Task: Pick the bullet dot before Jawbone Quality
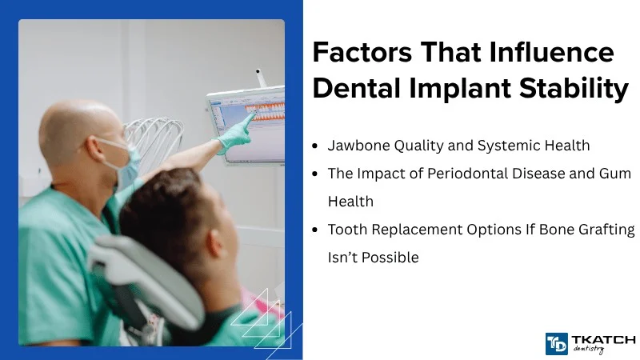(x=318, y=146)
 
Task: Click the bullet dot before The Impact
(x=318, y=174)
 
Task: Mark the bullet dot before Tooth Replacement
(x=318, y=230)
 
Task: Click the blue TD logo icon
(x=556, y=343)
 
